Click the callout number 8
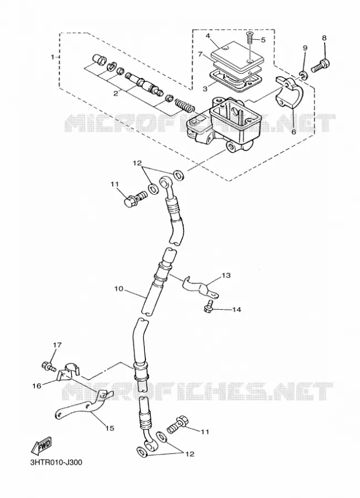324,38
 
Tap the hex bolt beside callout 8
321,66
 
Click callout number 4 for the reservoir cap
208,35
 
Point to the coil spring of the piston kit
185,105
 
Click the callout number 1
53,57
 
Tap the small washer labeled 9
303,75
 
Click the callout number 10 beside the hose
119,289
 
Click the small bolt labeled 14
208,305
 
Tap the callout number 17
58,345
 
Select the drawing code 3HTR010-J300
56,462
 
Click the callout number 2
116,93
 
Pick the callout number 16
37,386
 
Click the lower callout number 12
190,454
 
